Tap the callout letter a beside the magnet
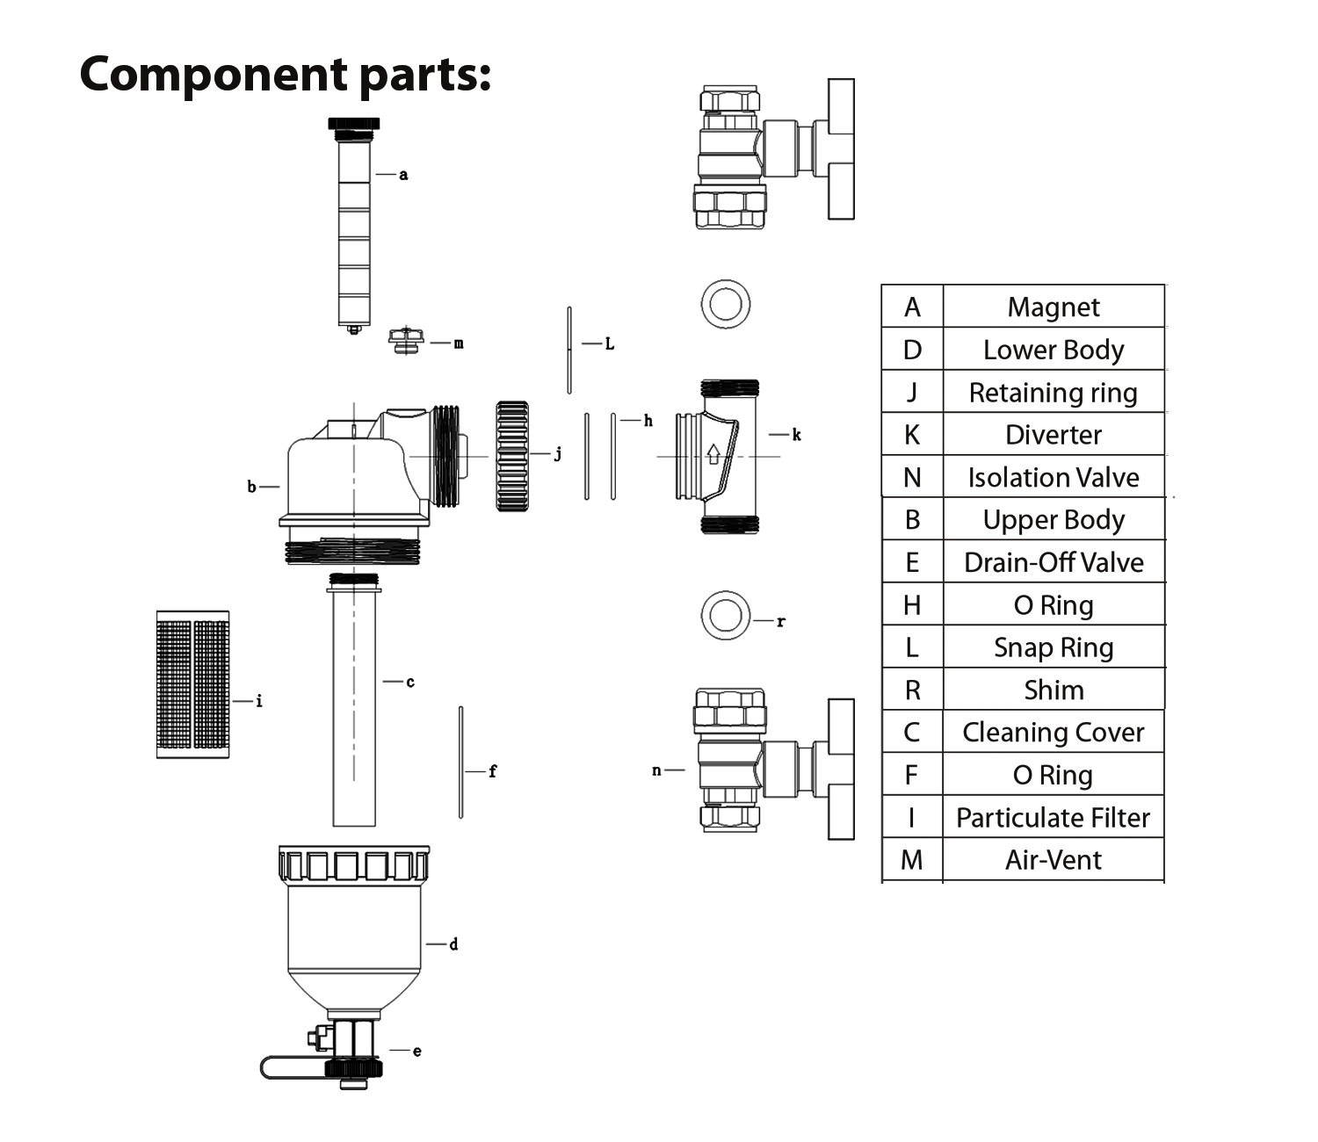(x=403, y=175)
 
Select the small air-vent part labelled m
(x=406, y=339)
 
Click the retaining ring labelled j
(x=512, y=456)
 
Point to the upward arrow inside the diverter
(x=713, y=454)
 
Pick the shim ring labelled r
(x=726, y=615)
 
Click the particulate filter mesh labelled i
(x=192, y=684)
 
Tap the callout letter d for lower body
(x=453, y=945)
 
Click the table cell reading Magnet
(x=1053, y=307)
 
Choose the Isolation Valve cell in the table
(x=1053, y=478)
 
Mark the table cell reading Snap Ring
(x=1053, y=647)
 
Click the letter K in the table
(x=912, y=435)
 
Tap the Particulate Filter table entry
(x=1053, y=818)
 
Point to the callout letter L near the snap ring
(x=609, y=344)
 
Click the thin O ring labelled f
(x=460, y=763)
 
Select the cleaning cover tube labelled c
(x=354, y=703)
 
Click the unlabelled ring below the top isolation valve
(x=726, y=305)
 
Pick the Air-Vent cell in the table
(x=1053, y=860)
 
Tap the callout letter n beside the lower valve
(x=656, y=770)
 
